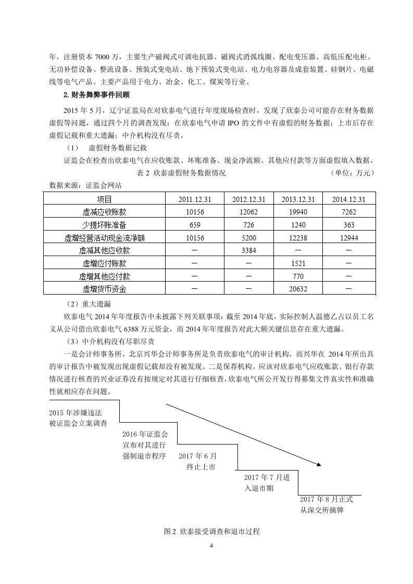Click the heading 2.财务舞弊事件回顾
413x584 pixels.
tap(96, 95)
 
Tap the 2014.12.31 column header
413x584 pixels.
tap(349, 199)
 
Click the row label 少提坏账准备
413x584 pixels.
tap(104, 225)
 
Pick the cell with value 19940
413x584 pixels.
tap(298, 212)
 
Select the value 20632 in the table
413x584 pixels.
tap(298, 288)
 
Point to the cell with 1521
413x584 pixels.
tap(298, 263)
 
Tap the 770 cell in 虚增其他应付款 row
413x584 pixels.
tap(298, 276)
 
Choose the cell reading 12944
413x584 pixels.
tap(349, 237)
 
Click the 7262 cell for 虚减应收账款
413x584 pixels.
tap(349, 212)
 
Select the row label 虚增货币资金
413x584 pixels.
tap(104, 288)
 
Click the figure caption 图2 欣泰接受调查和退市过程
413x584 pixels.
tap(211, 531)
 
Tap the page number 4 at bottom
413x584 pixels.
tap(211, 545)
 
